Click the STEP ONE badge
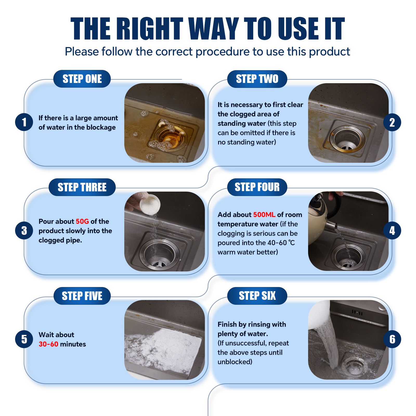coord(82,79)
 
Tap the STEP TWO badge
coord(257,79)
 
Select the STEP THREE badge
coord(82,187)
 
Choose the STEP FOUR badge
coord(257,187)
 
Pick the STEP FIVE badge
coord(82,296)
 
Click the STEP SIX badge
coord(257,296)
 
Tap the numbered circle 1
coord(24,122)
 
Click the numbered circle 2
coord(392,122)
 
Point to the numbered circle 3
coord(24,230)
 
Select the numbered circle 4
coord(392,230)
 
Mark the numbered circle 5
coord(24,339)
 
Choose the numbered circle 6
coord(392,339)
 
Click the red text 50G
coord(82,222)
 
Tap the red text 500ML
coord(264,215)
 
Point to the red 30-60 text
coord(48,344)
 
